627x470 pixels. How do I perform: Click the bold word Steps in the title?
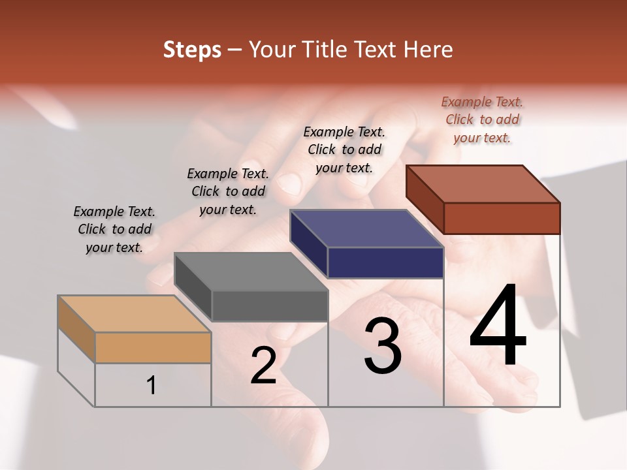click(x=192, y=50)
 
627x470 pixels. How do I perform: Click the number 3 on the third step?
click(x=383, y=347)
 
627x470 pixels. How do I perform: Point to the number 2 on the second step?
click(x=263, y=366)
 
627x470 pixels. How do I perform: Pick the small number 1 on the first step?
click(x=152, y=386)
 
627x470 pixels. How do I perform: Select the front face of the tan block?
click(x=153, y=347)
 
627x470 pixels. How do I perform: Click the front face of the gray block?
click(x=270, y=306)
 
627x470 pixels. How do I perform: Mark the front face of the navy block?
click(x=385, y=262)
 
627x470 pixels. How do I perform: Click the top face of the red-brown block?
click(x=483, y=183)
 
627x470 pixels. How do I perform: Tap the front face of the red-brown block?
click(x=502, y=218)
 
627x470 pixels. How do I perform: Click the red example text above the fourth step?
click(x=482, y=119)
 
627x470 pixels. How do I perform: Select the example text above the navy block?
click(x=344, y=149)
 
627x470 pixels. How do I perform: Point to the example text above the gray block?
click(x=228, y=191)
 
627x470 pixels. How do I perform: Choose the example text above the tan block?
click(x=114, y=229)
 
